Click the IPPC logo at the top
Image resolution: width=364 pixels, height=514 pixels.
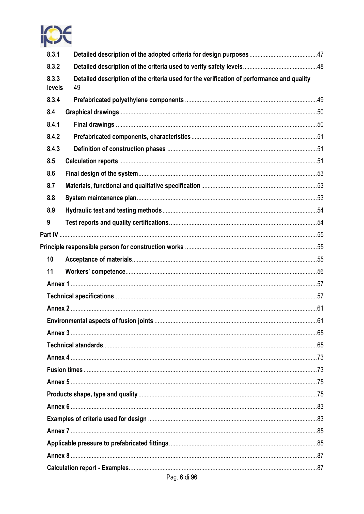tap(56, 36)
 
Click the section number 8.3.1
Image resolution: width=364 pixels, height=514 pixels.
tap(53, 54)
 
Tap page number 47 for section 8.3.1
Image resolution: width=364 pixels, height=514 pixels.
tap(320, 54)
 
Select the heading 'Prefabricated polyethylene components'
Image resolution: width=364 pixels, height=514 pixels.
tap(129, 100)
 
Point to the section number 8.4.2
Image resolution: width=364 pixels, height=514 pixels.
tap(53, 137)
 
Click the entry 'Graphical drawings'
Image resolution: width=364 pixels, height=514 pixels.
tap(92, 112)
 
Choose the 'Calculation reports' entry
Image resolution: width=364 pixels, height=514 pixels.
tap(91, 161)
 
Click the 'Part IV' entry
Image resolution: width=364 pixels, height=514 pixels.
tap(49, 235)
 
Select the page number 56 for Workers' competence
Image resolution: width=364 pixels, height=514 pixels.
tap(320, 271)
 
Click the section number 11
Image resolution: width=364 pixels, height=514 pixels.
tap(50, 271)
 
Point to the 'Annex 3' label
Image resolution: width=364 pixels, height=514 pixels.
tap(58, 333)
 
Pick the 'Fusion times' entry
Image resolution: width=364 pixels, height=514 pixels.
tap(65, 370)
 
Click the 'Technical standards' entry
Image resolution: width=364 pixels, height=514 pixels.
tap(75, 345)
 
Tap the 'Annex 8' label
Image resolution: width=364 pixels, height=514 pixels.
tap(58, 456)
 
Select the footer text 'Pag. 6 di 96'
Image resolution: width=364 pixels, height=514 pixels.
tap(182, 477)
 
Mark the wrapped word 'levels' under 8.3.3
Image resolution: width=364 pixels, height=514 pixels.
tap(55, 88)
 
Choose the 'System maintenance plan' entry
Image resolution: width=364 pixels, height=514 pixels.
tap(101, 198)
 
